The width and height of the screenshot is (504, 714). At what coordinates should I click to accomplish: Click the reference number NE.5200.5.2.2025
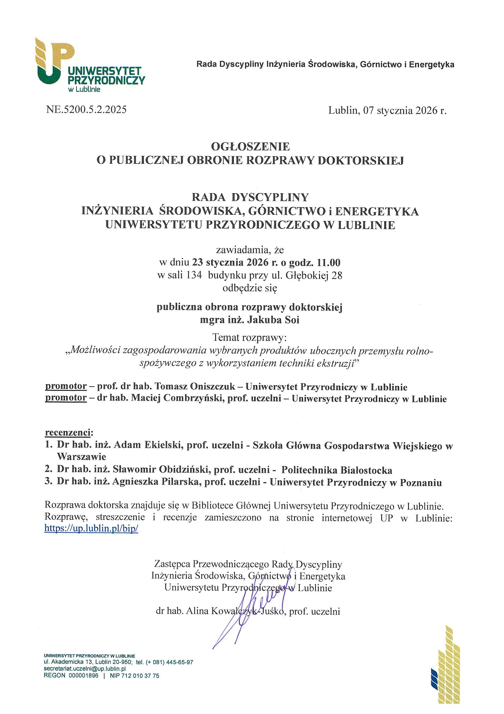tap(86, 110)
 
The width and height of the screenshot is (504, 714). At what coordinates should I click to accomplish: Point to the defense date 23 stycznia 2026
tap(230, 263)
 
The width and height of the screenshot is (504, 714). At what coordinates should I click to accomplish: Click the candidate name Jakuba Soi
tap(273, 320)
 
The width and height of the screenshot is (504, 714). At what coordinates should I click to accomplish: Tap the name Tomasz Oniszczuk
tap(195, 387)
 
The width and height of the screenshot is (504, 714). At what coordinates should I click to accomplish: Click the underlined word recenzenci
tap(69, 433)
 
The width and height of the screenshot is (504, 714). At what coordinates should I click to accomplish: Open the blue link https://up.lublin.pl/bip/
tap(91, 528)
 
